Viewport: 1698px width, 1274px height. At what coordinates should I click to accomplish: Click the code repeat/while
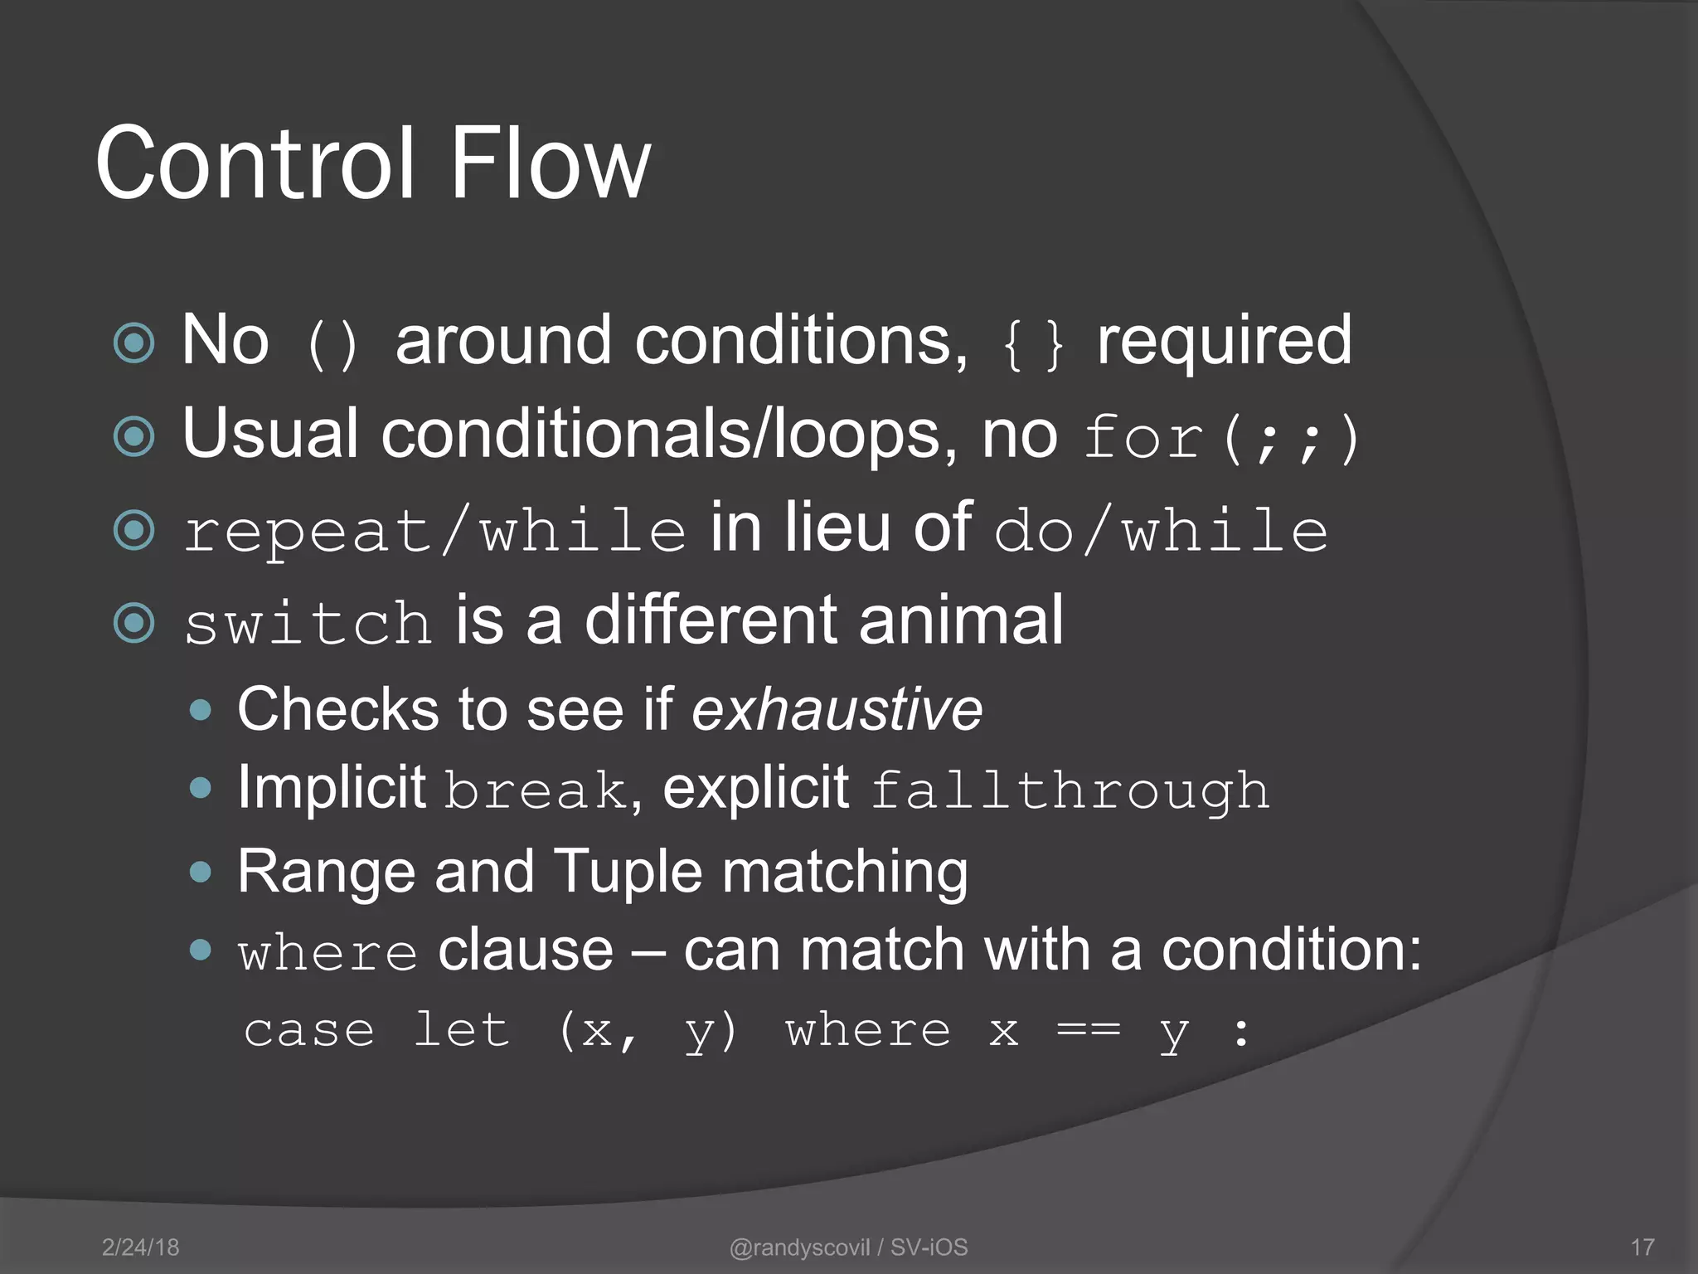point(434,531)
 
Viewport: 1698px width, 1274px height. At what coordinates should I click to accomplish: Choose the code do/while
point(1161,531)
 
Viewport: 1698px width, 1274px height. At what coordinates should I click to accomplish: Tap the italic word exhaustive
point(837,710)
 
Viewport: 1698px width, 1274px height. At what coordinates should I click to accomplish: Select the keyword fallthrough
point(1070,790)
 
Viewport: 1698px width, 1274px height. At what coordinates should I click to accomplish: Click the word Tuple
point(628,872)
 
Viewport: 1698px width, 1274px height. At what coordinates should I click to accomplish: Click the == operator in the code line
point(1089,1032)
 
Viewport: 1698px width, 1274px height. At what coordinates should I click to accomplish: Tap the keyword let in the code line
point(461,1030)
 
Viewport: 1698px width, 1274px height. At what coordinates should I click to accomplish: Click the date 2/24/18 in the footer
point(140,1247)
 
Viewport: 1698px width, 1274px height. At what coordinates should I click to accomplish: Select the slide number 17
point(1642,1247)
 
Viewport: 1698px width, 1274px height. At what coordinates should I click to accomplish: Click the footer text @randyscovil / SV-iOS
point(848,1247)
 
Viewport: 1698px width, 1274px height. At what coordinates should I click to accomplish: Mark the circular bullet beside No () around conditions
point(134,343)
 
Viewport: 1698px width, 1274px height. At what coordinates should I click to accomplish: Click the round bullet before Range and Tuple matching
point(200,872)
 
